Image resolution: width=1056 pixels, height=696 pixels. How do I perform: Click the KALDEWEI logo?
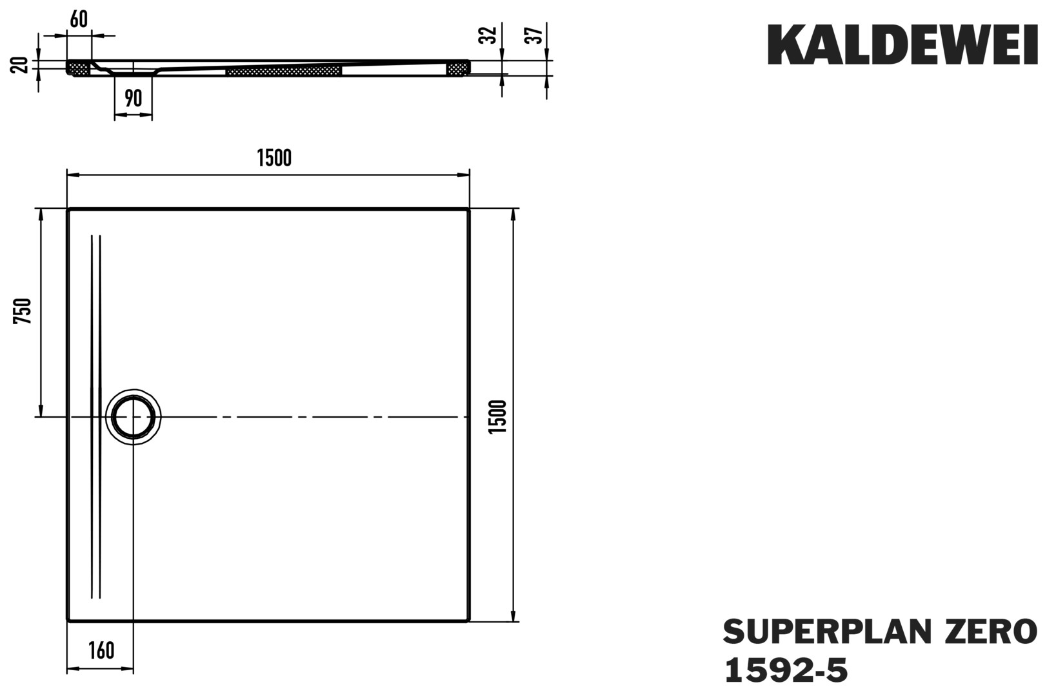902,44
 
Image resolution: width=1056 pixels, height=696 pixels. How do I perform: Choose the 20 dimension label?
19,65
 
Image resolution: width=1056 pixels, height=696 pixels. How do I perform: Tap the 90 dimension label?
134,98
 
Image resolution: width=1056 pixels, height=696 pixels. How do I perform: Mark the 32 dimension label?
488,35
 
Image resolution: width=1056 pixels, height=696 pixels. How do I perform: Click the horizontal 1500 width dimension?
274,158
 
